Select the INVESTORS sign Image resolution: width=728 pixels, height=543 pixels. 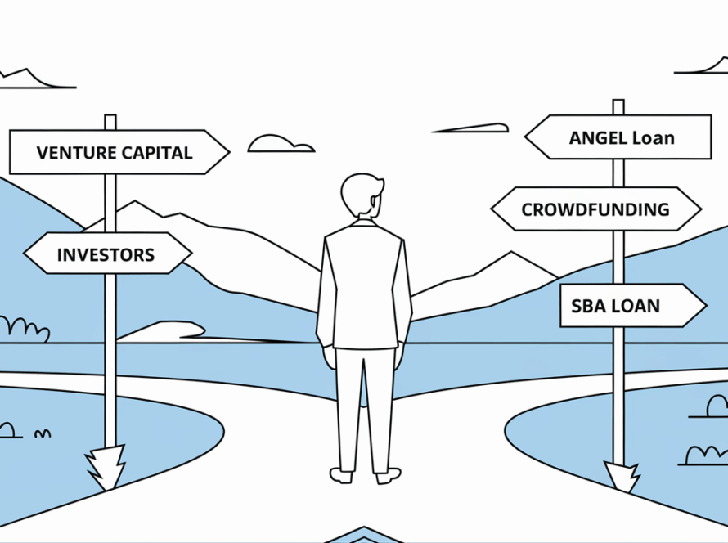106,254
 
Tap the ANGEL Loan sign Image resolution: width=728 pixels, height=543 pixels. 619,137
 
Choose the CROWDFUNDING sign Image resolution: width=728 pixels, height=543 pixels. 595,209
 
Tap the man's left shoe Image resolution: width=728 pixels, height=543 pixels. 341,474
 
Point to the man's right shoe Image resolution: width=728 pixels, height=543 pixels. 388,473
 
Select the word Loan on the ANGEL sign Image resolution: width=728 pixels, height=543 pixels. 653,137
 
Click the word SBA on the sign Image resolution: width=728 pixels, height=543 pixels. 587,307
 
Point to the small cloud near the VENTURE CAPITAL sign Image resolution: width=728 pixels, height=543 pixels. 280,144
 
